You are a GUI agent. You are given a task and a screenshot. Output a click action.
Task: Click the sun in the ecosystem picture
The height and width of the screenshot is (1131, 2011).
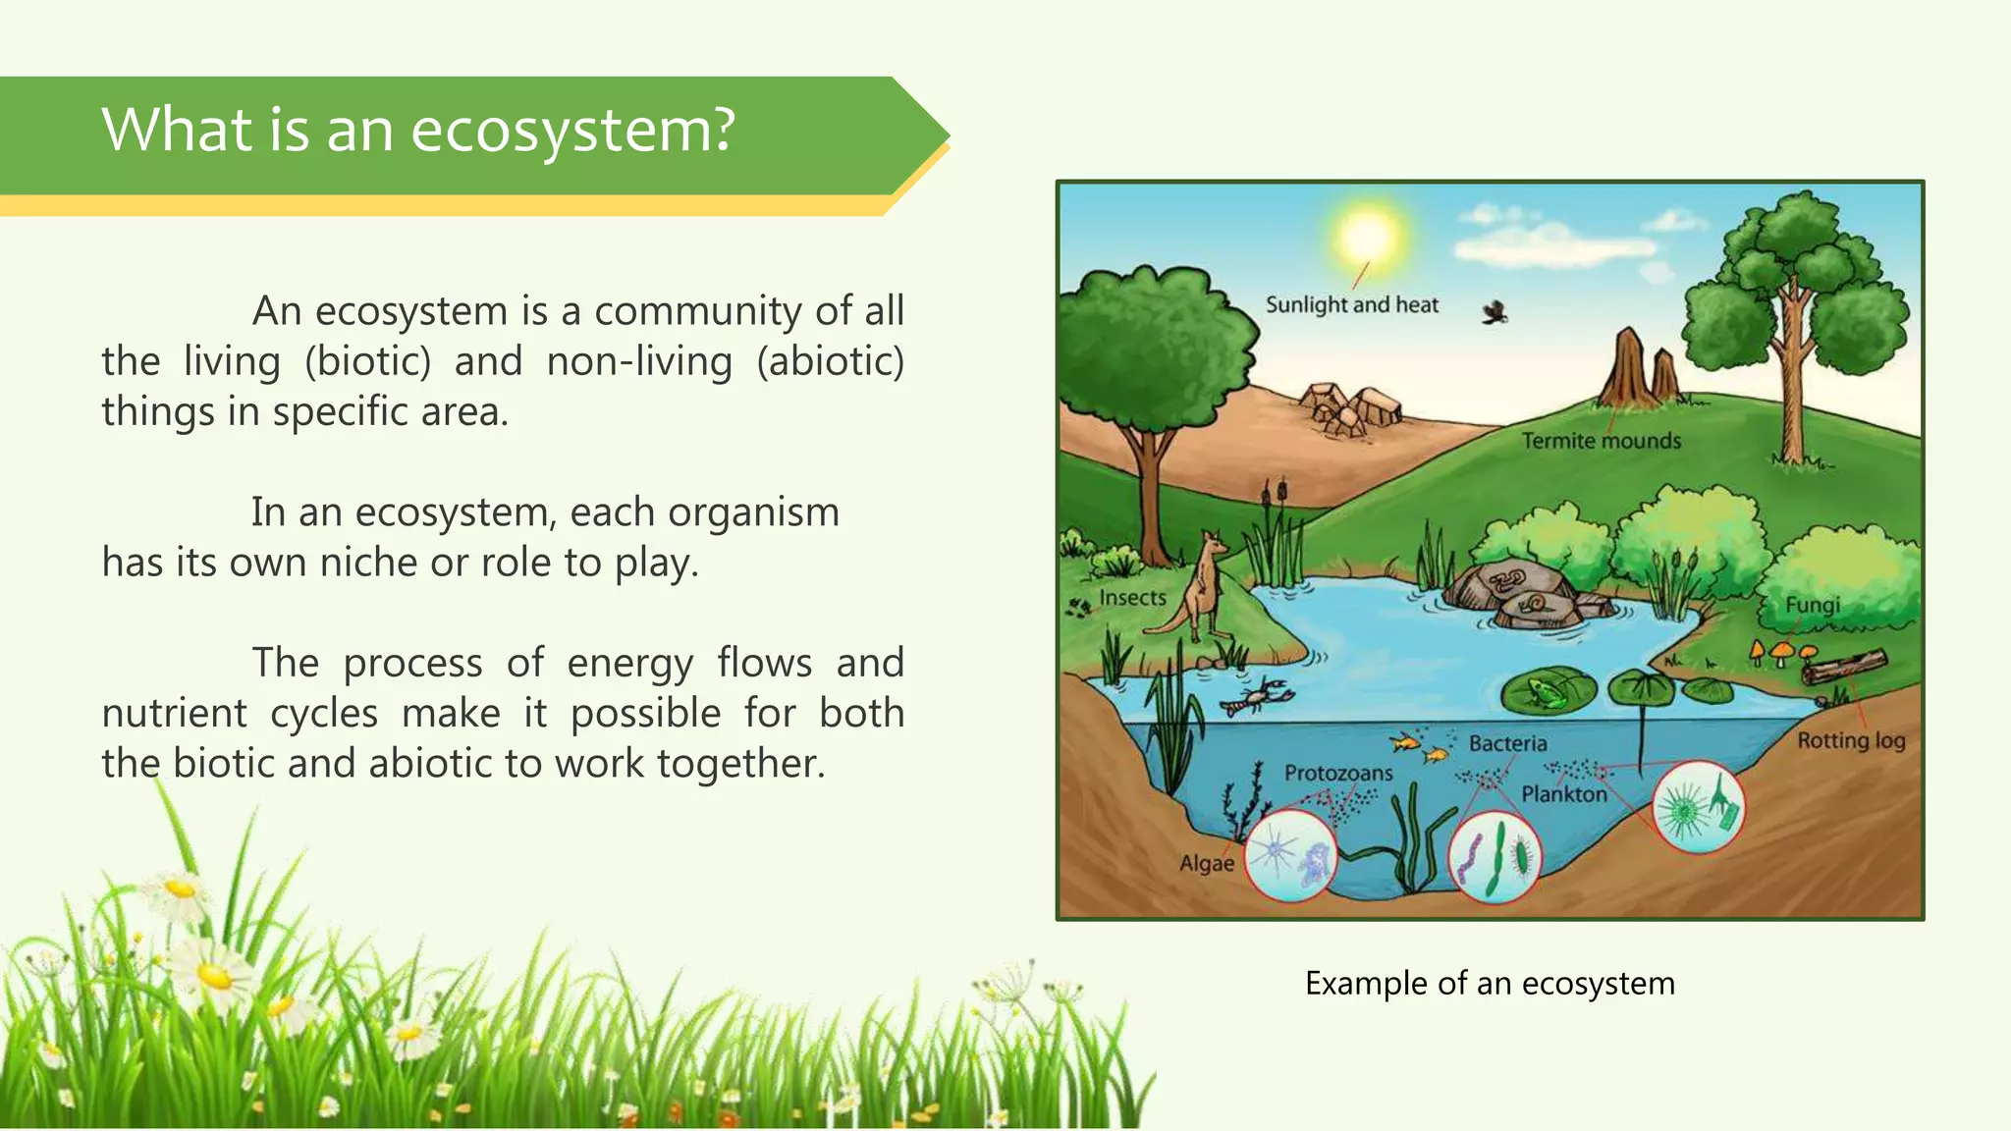[1367, 236]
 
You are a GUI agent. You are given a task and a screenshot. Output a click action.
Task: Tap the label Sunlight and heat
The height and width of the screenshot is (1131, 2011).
[1351, 305]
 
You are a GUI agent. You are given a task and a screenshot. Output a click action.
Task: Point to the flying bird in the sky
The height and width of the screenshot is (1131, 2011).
[1495, 313]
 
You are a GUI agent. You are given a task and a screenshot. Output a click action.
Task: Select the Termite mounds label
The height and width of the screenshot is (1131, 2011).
[1601, 441]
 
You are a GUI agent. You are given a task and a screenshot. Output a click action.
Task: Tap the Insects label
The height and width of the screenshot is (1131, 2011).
[1132, 598]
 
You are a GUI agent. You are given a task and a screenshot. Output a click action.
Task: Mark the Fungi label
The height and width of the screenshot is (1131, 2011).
[1812, 605]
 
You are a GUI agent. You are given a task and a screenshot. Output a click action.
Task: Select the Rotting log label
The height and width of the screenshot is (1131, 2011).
[1851, 740]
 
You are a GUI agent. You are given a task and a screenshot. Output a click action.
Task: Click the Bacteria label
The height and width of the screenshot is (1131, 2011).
[1507, 744]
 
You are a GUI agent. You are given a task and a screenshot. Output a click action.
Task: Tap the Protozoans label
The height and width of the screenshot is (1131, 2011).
[1338, 774]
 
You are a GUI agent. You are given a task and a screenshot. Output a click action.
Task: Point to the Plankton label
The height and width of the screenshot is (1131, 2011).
[1564, 794]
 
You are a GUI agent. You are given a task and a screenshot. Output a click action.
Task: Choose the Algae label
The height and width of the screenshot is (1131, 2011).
[1206, 864]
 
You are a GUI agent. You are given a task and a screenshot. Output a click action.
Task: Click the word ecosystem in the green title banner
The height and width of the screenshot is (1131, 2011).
[572, 130]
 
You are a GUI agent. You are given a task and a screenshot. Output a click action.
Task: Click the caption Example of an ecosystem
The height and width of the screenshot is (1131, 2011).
[1490, 983]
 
